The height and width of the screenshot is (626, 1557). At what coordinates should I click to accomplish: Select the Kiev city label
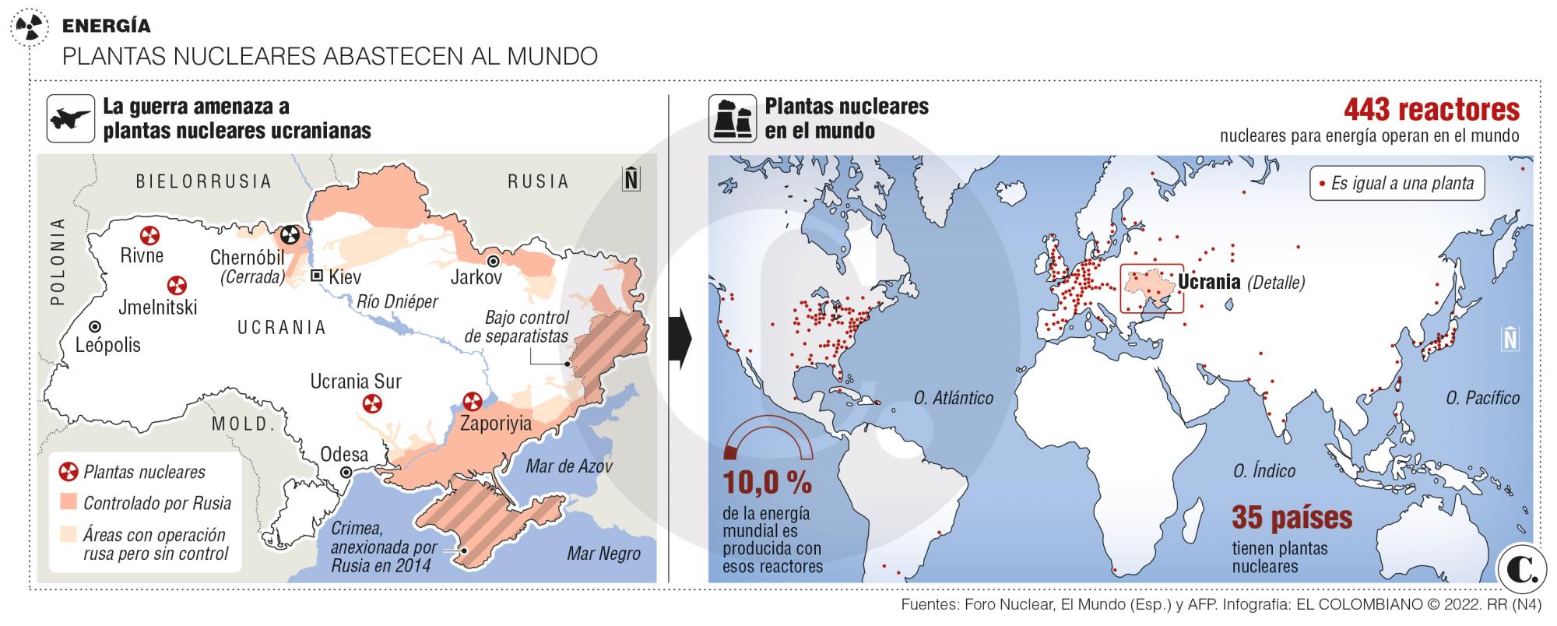(345, 276)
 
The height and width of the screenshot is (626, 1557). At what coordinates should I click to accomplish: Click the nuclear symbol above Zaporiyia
(473, 402)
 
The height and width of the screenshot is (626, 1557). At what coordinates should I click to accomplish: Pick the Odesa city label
(344, 454)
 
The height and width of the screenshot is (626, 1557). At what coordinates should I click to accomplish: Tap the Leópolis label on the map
(108, 344)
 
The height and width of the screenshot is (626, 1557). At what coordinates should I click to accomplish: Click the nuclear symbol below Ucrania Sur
(373, 403)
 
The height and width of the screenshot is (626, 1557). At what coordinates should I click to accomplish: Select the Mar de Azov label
(569, 466)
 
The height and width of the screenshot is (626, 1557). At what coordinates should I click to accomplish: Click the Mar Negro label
(603, 554)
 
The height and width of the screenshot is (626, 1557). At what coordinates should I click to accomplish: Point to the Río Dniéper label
(397, 302)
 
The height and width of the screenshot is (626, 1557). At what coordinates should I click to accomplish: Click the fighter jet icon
(71, 118)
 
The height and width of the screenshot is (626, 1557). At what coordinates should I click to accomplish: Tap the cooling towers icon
(732, 118)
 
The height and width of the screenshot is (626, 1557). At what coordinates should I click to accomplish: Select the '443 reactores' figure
(1431, 110)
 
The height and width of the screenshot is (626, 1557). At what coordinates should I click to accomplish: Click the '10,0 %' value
(767, 483)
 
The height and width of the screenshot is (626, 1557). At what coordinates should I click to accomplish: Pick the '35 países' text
(1292, 517)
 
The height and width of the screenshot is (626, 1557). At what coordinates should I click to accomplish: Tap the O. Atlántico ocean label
(953, 398)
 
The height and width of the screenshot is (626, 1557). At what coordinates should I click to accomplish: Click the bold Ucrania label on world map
(1209, 281)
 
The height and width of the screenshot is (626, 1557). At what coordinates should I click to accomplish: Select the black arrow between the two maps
(680, 338)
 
